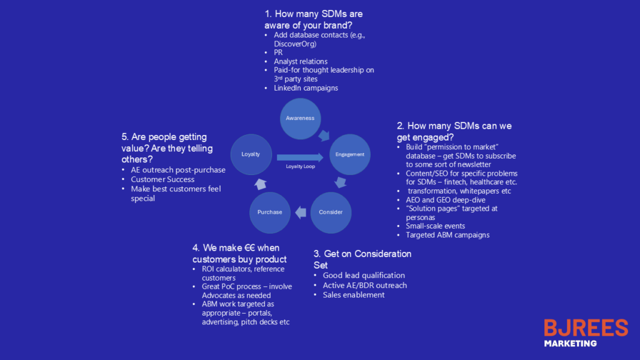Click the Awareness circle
pos(300,118)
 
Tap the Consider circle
pos(331,212)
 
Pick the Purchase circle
pos(269,212)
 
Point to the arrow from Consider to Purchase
pos(301,212)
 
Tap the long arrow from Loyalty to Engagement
pos(301,156)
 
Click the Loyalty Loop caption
pos(301,167)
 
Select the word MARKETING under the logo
pos(570,343)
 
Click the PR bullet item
pos(278,52)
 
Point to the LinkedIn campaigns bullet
pos(306,88)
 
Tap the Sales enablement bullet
pos(353,295)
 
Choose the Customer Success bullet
pos(162,179)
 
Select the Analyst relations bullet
pos(300,61)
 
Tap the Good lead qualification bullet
pos(364,275)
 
